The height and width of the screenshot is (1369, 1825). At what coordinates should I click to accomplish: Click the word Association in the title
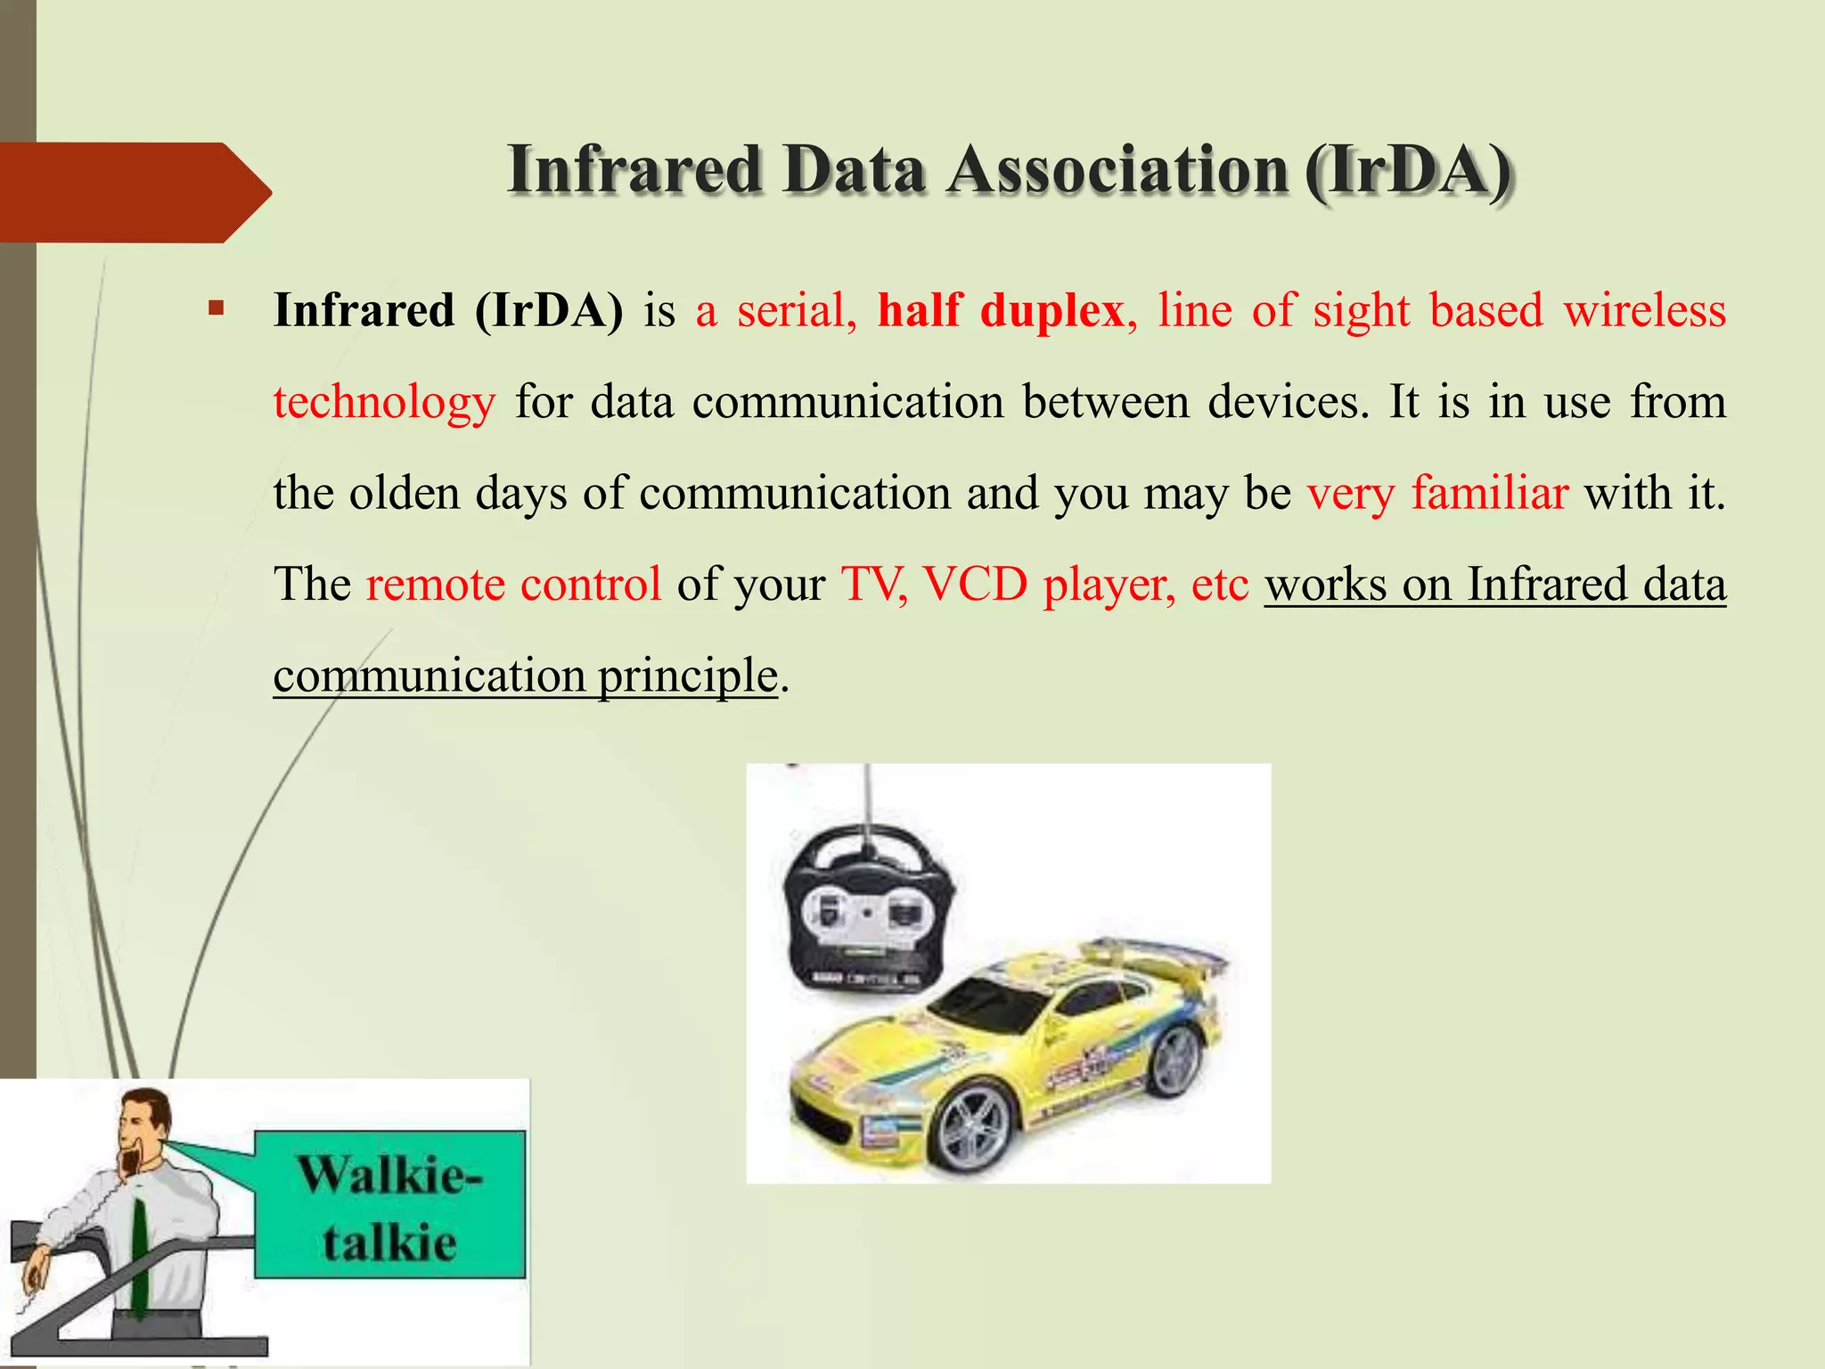tap(1117, 169)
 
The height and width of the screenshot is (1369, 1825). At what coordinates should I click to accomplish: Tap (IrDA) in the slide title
tap(1408, 171)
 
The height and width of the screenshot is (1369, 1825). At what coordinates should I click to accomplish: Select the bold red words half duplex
tap(1001, 310)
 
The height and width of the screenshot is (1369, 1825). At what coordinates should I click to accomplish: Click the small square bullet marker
tap(215, 310)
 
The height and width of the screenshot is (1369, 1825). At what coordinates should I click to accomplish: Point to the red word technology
tap(384, 402)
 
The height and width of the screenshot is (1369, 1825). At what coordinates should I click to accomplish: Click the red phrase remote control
tap(513, 585)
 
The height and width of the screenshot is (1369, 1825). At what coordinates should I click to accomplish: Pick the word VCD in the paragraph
tap(975, 585)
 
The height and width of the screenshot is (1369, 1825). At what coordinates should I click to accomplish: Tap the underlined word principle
tap(688, 676)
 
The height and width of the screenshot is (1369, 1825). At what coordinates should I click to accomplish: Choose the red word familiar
tap(1489, 493)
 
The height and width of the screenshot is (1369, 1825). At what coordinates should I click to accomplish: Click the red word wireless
tap(1644, 310)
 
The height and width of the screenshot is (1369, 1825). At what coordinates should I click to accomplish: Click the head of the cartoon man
tap(143, 1123)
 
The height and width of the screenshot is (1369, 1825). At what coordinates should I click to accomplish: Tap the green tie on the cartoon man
tap(140, 1257)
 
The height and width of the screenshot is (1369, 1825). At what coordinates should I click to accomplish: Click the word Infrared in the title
tap(634, 169)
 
